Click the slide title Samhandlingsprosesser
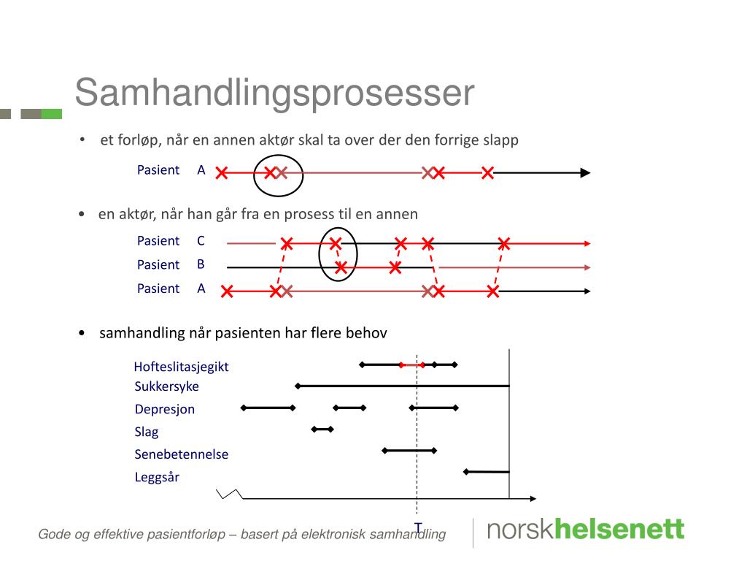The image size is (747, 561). [x=274, y=93]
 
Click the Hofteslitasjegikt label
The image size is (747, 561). [x=181, y=367]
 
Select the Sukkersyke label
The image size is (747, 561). [x=166, y=386]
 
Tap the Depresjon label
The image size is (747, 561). [x=165, y=409]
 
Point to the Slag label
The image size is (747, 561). [x=147, y=432]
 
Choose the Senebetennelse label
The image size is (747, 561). [x=181, y=454]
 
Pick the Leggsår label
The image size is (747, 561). [x=157, y=478]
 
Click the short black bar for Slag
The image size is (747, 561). [x=322, y=429]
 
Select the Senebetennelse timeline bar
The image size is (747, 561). [x=409, y=451]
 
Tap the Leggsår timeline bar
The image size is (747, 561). [x=487, y=472]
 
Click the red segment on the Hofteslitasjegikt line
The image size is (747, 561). [x=412, y=364]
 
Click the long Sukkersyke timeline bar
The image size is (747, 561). [x=403, y=385]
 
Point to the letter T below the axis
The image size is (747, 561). [x=418, y=527]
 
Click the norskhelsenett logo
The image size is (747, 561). [x=585, y=530]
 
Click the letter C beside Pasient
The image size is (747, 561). [x=201, y=240]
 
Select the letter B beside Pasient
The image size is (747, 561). [x=201, y=264]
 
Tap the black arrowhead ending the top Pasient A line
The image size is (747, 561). [x=584, y=173]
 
